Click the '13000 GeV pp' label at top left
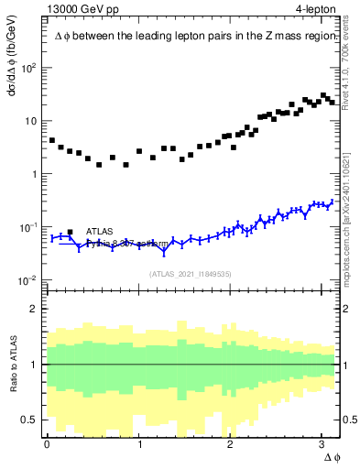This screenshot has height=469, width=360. [x=82, y=10]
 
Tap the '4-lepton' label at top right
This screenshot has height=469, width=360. [x=315, y=10]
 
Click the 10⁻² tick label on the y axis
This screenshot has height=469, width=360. [x=27, y=280]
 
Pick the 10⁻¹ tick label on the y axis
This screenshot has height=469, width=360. [x=27, y=227]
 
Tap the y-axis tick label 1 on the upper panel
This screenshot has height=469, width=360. [x=34, y=174]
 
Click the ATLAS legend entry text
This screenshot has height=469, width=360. [x=102, y=232]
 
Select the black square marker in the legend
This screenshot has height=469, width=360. [x=70, y=232]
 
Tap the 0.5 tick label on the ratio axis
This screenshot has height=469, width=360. [x=30, y=419]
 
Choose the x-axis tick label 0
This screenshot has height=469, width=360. [x=47, y=444]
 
